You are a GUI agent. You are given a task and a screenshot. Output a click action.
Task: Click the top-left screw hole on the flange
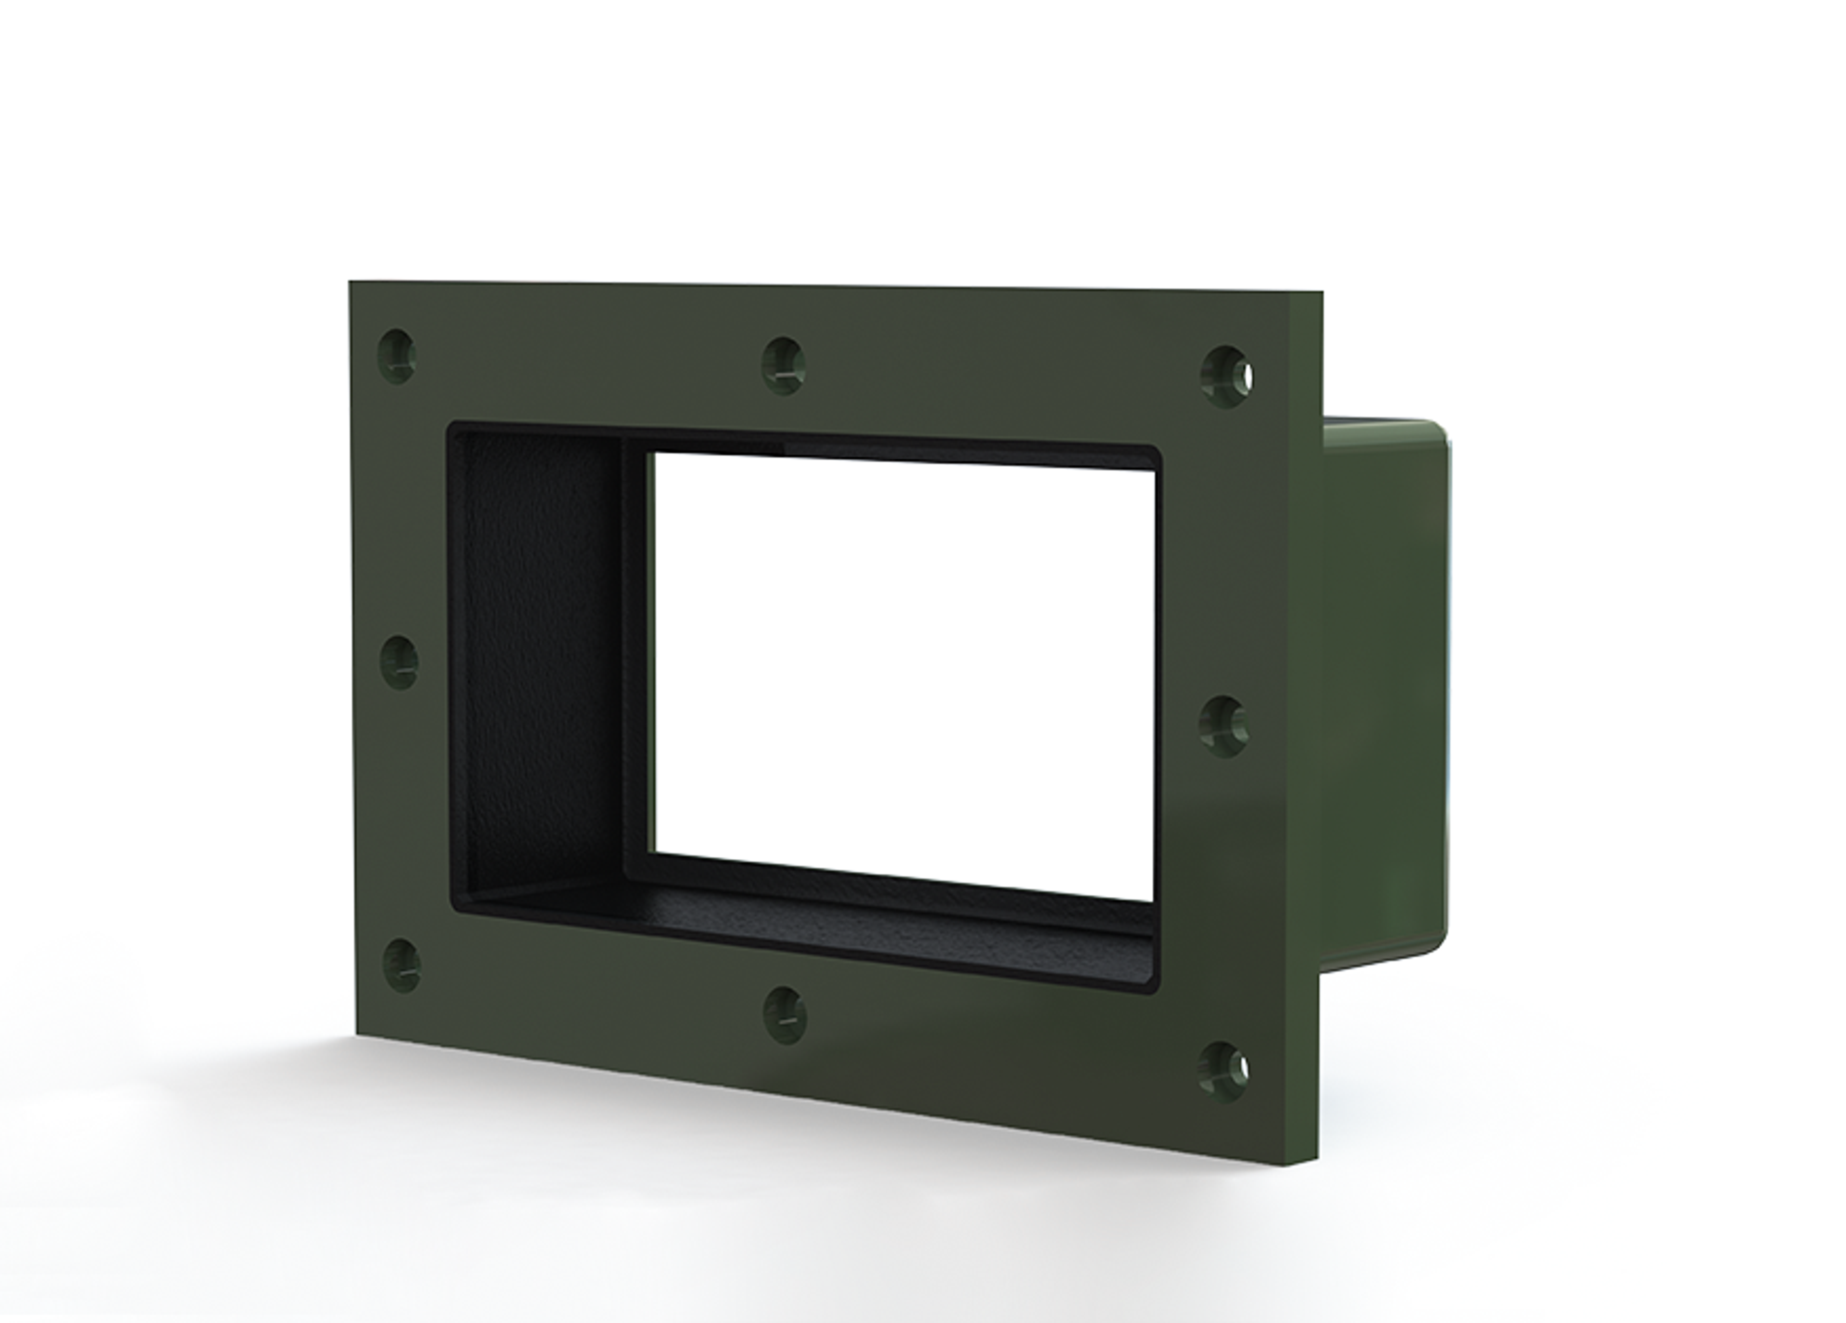point(397,356)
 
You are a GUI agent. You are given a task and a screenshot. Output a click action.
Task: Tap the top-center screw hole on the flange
point(783,365)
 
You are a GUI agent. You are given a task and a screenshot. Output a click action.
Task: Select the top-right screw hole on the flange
point(1227,376)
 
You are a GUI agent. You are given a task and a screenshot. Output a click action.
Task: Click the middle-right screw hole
point(1224,726)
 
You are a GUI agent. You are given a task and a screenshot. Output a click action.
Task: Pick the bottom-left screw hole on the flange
point(401,965)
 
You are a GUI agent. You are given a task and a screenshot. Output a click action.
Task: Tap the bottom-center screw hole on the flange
point(785,1014)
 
